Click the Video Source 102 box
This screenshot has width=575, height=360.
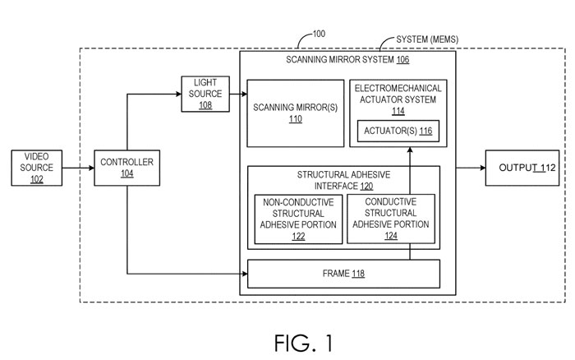point(36,168)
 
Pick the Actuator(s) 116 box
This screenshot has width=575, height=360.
point(398,132)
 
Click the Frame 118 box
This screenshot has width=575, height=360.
point(343,273)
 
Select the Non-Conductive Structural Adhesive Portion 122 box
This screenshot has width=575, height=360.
point(298,219)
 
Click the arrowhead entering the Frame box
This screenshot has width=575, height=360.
point(243,273)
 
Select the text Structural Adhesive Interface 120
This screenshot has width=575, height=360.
point(343,179)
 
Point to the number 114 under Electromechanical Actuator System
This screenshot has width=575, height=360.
point(398,110)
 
